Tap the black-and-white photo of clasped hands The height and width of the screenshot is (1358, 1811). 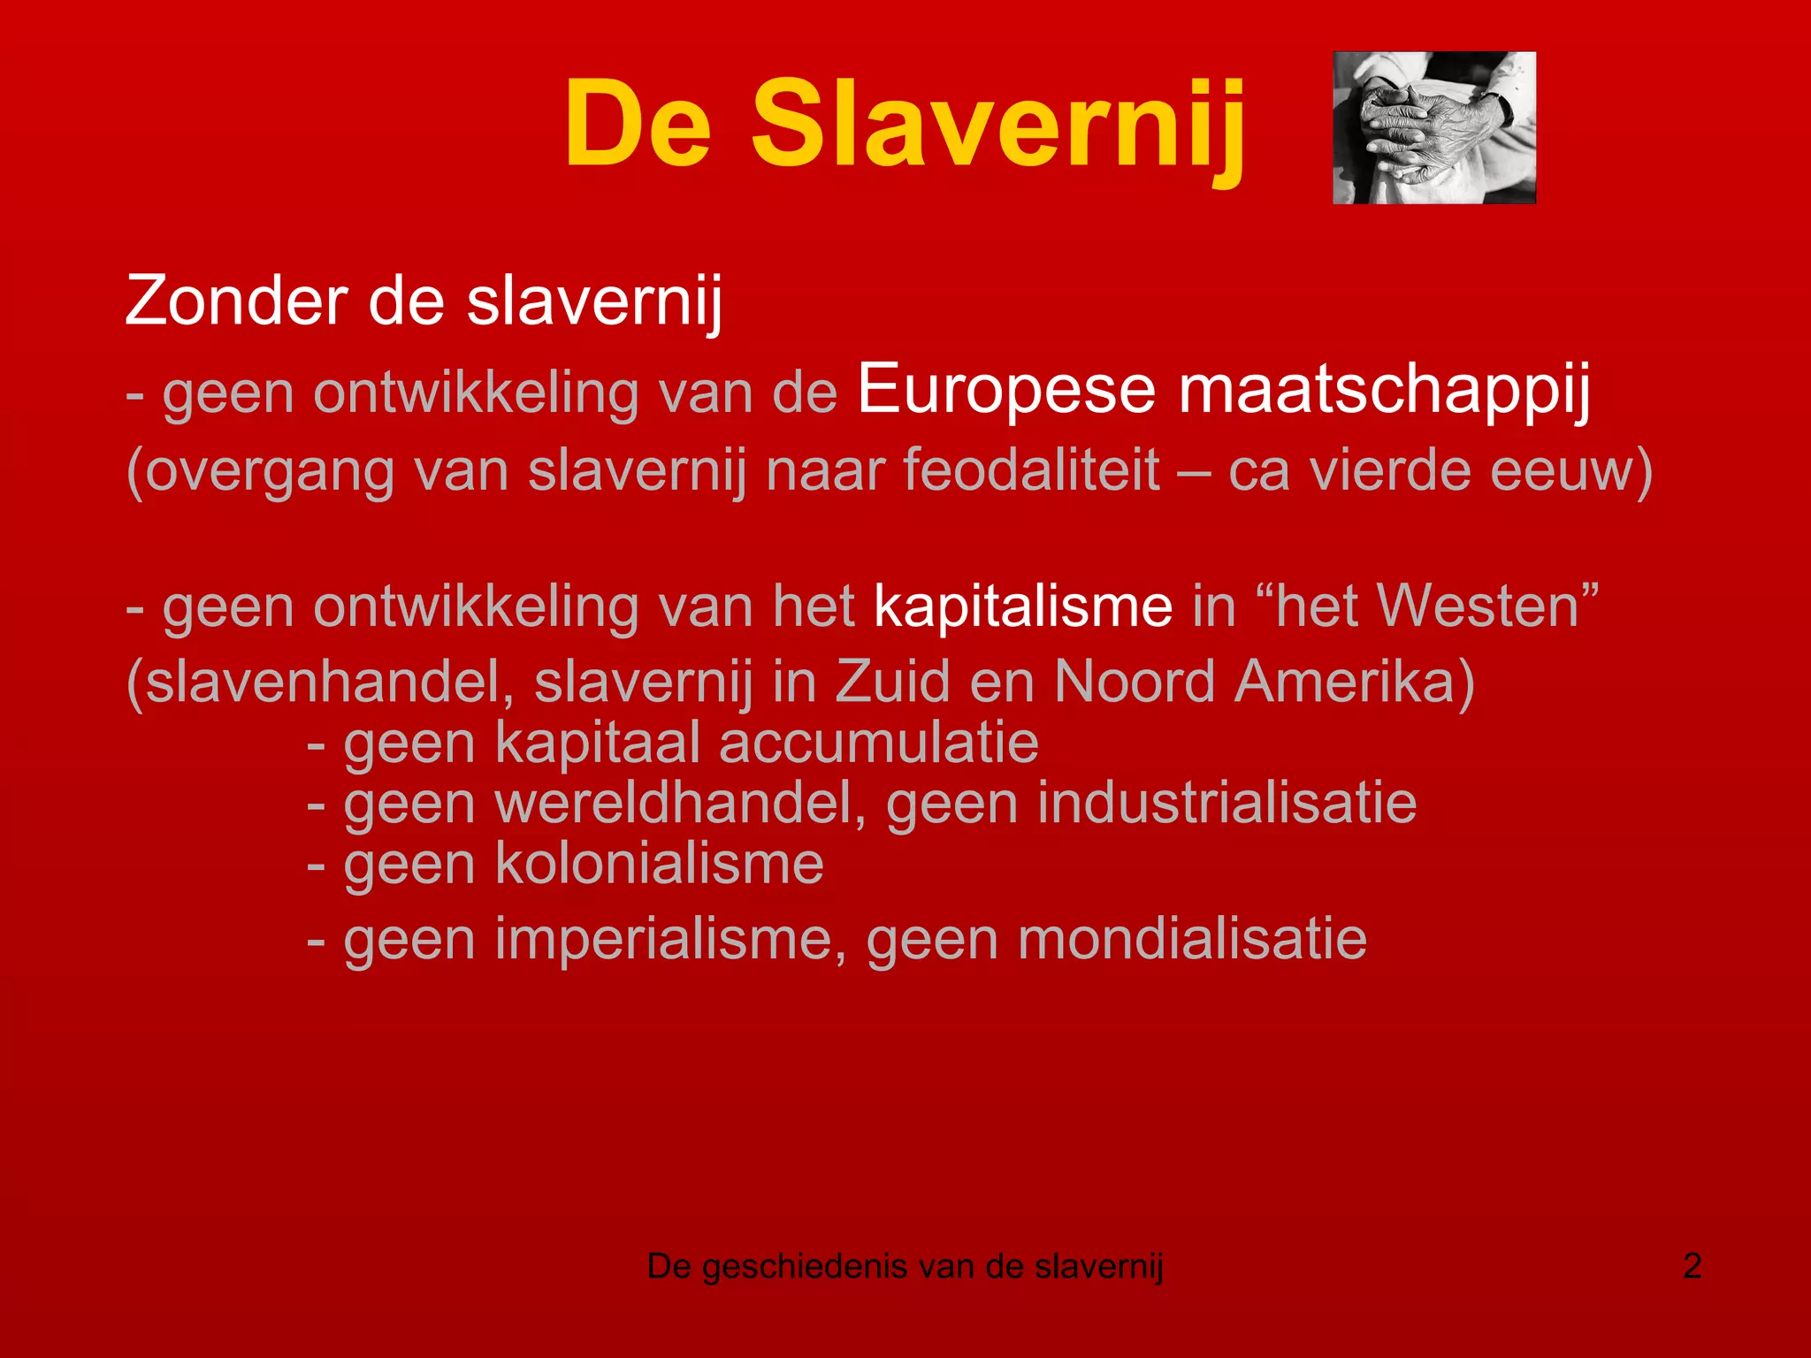pyautogui.click(x=1433, y=127)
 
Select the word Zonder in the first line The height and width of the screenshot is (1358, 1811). pyautogui.click(x=236, y=301)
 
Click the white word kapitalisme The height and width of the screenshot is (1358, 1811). pyautogui.click(x=1023, y=607)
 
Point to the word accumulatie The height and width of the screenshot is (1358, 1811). pyautogui.click(x=878, y=743)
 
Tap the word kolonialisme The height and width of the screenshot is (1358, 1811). pyautogui.click(x=659, y=864)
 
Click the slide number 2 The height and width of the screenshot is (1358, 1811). pyautogui.click(x=1692, y=1266)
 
